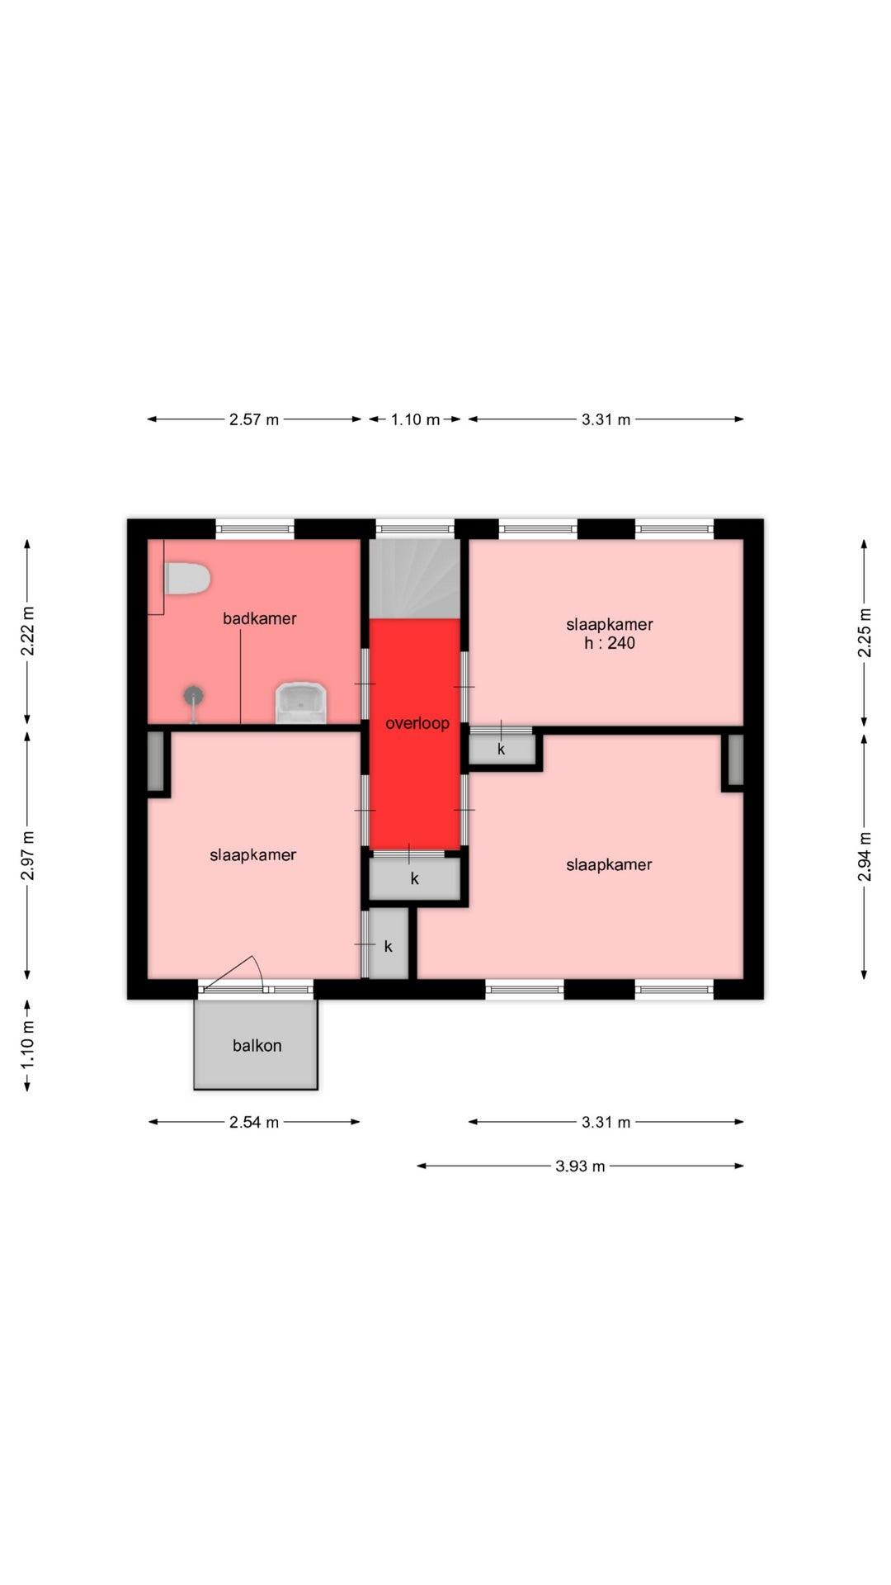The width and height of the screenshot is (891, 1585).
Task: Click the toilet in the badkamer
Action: pyautogui.click(x=186, y=579)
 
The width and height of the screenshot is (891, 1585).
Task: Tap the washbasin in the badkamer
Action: pyautogui.click(x=300, y=703)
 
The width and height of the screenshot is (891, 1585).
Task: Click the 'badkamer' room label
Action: pyautogui.click(x=259, y=618)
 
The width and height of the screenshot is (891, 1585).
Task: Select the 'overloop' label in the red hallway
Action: pyautogui.click(x=417, y=723)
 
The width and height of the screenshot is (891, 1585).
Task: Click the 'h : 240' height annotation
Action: pyautogui.click(x=610, y=643)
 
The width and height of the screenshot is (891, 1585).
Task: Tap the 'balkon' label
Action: pyautogui.click(x=257, y=1045)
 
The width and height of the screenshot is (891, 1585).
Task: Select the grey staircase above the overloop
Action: pyautogui.click(x=414, y=578)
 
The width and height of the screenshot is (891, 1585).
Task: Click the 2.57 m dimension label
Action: pyautogui.click(x=254, y=419)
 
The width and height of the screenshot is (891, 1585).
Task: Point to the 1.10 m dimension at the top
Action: pyautogui.click(x=415, y=419)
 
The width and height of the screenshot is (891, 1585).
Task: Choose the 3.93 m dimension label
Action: pyautogui.click(x=580, y=1166)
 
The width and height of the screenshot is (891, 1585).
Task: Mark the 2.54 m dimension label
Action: pyautogui.click(x=254, y=1122)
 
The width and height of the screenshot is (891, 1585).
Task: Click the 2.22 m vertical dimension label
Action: pyautogui.click(x=27, y=632)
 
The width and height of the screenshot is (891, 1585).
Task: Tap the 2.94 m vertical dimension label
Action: pyautogui.click(x=865, y=855)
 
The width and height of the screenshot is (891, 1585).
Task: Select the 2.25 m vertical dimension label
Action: pyautogui.click(x=865, y=632)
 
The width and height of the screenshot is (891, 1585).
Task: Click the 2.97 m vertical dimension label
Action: pyautogui.click(x=27, y=856)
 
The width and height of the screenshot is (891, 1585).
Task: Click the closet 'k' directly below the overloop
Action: pyautogui.click(x=414, y=878)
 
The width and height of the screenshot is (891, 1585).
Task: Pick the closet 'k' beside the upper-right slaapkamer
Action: pyautogui.click(x=502, y=749)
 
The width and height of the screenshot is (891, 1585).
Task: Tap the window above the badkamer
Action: pyautogui.click(x=255, y=528)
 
